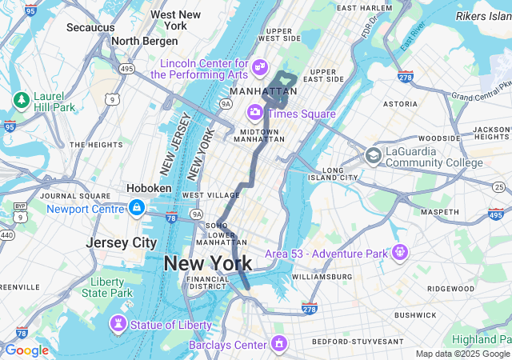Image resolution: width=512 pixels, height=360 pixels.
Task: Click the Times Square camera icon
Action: (255, 113)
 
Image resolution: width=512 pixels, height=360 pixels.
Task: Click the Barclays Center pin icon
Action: (278, 344)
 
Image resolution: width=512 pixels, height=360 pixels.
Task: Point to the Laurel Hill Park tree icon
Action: (21, 100)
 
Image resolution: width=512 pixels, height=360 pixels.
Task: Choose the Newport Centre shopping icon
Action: (137, 209)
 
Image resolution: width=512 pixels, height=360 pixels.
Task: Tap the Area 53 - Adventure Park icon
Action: (400, 253)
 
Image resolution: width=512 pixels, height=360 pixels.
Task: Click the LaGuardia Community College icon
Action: (373, 155)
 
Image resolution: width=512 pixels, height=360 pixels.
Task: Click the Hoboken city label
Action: (149, 188)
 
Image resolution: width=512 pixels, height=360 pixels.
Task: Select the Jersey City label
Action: (122, 242)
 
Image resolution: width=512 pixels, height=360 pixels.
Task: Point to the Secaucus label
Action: (90, 27)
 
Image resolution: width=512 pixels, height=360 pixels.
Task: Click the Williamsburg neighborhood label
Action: (321, 276)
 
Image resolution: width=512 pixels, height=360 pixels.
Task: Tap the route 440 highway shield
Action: (6, 235)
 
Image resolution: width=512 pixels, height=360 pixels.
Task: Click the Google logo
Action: (26, 350)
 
